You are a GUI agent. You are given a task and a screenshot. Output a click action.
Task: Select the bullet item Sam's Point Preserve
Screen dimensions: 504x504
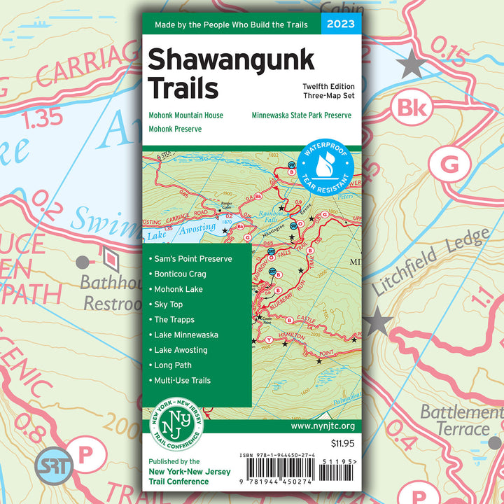192,258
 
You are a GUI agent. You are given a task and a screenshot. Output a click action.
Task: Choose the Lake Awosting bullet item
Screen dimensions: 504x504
181,350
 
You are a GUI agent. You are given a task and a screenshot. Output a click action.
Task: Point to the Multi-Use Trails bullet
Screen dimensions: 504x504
182,381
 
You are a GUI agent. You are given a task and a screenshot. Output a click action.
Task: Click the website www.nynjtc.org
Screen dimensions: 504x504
322,426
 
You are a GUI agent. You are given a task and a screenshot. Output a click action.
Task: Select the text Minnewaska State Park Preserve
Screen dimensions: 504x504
302,115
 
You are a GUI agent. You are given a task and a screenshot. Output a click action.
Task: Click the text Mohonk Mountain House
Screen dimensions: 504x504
185,115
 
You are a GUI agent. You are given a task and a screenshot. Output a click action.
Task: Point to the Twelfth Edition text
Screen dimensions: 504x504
323,85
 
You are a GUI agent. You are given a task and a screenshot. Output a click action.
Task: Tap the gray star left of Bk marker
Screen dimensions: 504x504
411,65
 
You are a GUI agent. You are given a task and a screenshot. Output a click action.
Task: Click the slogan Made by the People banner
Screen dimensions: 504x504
231,24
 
